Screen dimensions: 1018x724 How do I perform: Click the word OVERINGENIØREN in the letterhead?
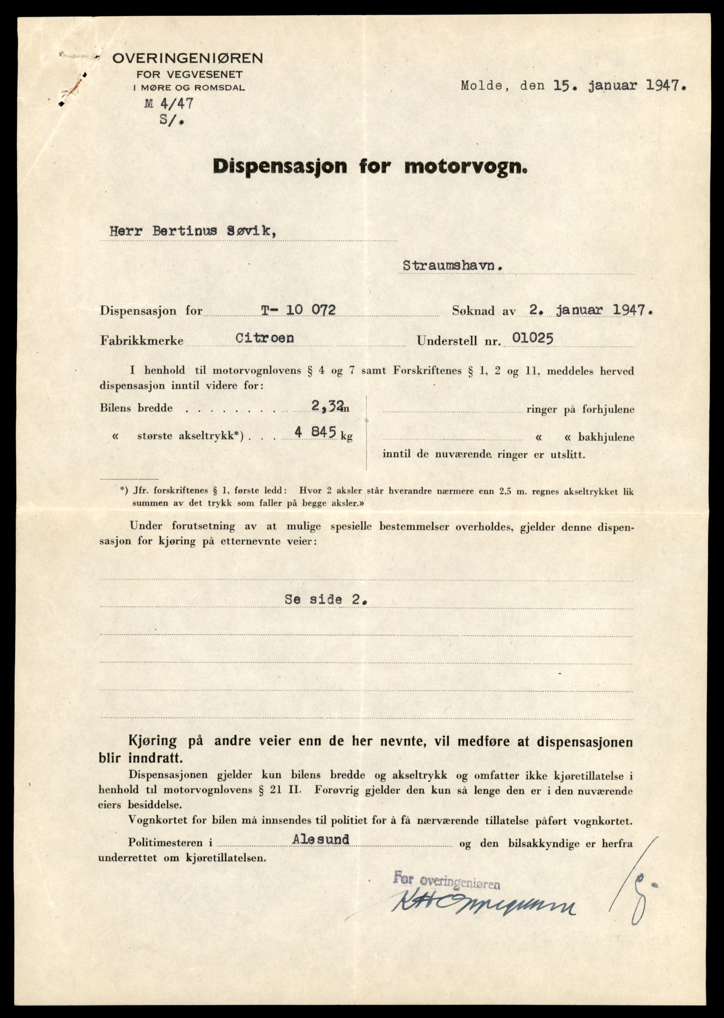pos(188,59)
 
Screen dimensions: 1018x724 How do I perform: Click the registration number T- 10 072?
pos(298,310)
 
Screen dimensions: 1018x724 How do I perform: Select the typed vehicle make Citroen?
pos(265,338)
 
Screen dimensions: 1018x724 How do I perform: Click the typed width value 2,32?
pos(327,407)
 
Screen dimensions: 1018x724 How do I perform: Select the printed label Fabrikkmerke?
pos(142,341)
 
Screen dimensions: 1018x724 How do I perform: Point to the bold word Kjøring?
pos(152,741)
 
